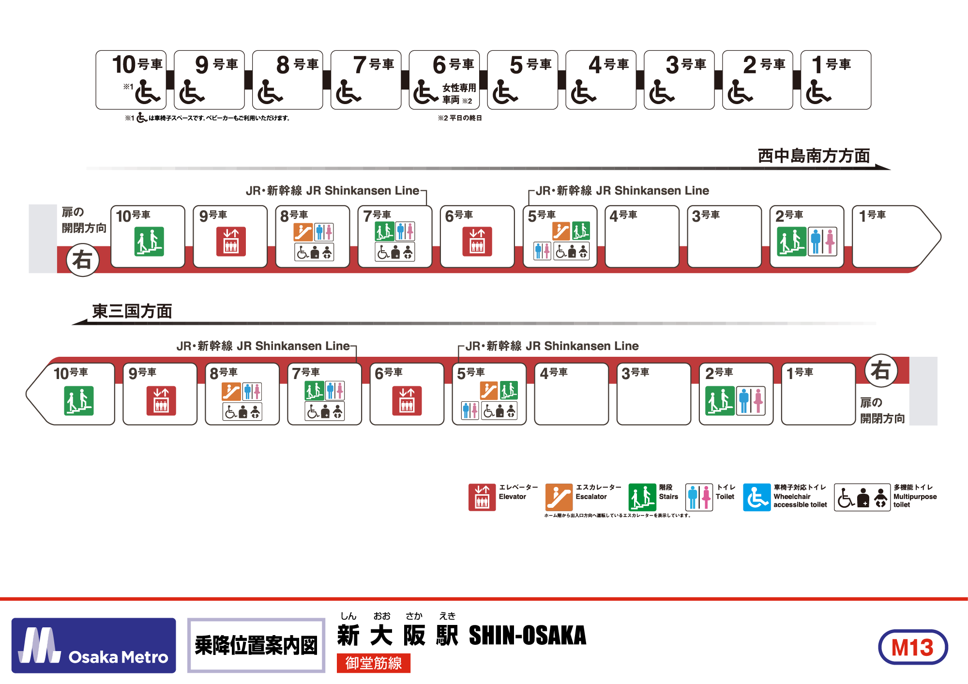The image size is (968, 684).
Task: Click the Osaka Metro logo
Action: (93, 645)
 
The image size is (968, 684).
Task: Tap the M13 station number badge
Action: (912, 647)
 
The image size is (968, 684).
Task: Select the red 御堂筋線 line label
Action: (373, 663)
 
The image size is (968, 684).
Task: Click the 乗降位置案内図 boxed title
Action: (256, 645)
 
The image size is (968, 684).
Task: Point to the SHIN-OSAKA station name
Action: (527, 636)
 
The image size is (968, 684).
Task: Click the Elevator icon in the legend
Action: (482, 497)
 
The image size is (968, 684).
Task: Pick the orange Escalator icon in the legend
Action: (559, 497)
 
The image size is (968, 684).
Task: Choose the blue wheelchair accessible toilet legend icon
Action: (756, 497)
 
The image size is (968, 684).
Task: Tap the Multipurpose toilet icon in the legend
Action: (862, 497)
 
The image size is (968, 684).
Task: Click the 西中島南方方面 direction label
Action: (814, 156)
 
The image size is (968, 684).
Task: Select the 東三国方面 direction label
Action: (132, 311)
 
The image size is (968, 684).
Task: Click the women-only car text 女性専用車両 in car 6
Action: (458, 93)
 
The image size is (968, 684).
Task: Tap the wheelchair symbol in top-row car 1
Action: (818, 92)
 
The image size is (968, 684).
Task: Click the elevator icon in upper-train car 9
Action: (231, 241)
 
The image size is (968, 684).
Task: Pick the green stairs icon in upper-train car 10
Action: (149, 241)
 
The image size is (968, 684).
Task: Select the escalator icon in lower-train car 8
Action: (231, 391)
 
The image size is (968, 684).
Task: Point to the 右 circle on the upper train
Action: (82, 260)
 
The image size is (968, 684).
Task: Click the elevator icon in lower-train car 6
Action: (407, 401)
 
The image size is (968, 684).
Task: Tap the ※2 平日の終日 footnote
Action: (460, 118)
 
